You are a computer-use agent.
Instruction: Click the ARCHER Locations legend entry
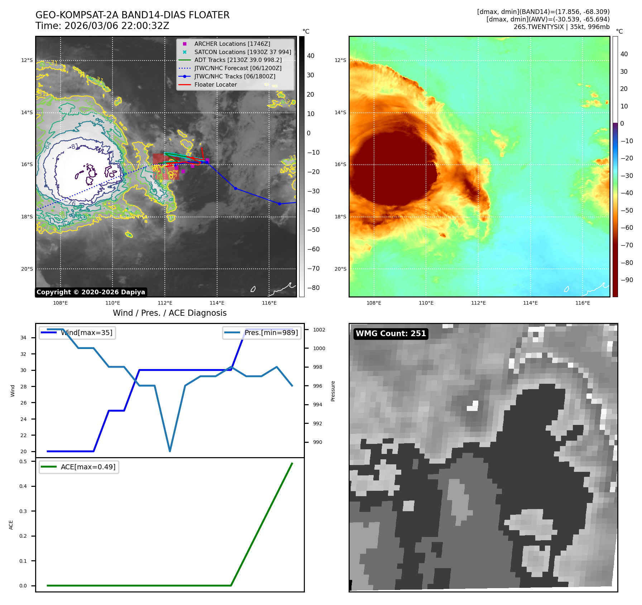232,44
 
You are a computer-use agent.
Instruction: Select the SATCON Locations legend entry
243,52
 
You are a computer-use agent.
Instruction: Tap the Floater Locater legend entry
215,85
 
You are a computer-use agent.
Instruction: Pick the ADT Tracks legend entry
238,60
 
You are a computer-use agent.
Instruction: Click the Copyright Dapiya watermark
91,292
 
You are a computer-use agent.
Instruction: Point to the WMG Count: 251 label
391,334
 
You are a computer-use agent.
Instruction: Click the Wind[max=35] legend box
77,333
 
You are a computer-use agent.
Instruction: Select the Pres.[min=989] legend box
262,333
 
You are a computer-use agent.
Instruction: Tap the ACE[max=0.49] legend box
79,467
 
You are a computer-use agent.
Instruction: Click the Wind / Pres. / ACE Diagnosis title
170,313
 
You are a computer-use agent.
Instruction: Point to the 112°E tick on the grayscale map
165,303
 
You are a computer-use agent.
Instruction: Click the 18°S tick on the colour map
340,217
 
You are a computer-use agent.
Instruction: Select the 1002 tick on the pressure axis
319,330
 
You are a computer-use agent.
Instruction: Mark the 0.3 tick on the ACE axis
23,511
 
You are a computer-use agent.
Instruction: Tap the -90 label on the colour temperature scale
627,280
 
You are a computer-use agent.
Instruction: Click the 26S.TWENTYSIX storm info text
561,27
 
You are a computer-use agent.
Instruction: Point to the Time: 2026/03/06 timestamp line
102,26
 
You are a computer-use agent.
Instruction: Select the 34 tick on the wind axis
23,338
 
